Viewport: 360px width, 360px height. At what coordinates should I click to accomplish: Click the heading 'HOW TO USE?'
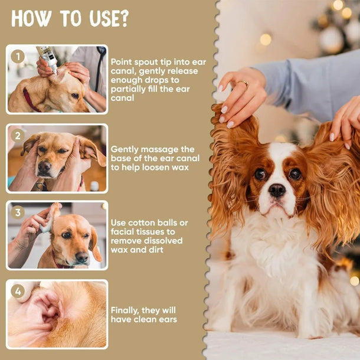click(70, 19)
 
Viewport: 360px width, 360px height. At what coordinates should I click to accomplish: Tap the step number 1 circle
click(18, 57)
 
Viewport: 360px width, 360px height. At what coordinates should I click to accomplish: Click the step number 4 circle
click(18, 291)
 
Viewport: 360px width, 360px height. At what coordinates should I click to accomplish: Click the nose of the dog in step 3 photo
click(81, 257)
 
